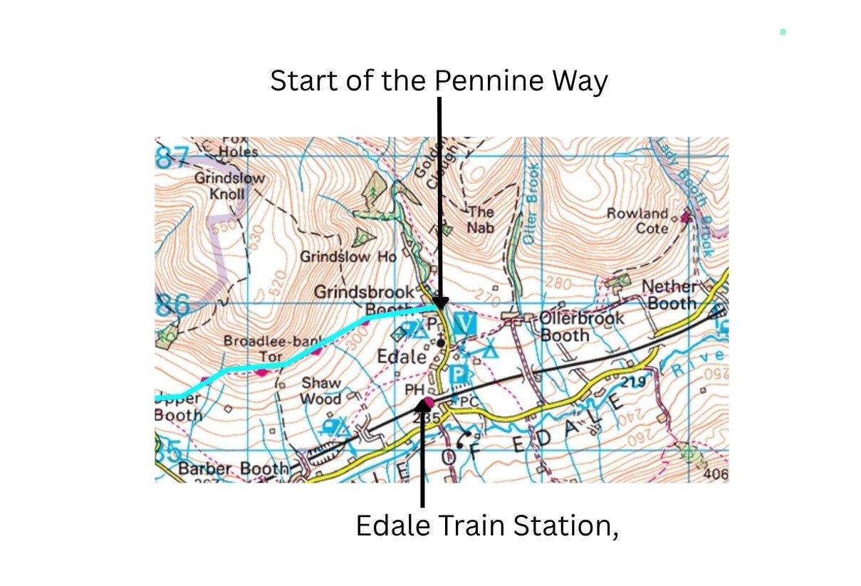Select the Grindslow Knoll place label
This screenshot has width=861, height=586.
point(229,186)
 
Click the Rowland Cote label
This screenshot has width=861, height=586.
point(638,220)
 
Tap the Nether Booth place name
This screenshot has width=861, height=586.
point(669,295)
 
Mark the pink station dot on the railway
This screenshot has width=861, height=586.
point(428,403)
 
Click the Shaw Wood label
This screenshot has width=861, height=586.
point(321,391)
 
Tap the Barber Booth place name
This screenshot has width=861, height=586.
point(234,469)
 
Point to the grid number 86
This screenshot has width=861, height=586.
point(173,307)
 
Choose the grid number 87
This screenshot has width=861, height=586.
point(172,157)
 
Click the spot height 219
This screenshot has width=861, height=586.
point(633,383)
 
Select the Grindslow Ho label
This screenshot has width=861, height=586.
point(348,256)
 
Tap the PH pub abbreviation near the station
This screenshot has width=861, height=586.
point(414,390)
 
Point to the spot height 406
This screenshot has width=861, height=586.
point(716,473)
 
